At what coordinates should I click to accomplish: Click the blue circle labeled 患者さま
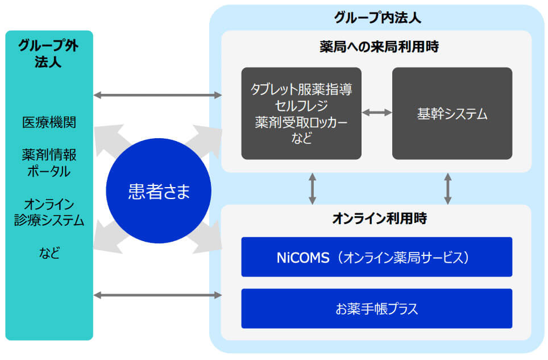159,191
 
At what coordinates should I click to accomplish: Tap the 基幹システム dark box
452,113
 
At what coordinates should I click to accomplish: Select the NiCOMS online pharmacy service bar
377,257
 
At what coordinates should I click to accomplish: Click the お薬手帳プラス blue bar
377,308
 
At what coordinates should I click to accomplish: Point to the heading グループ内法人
377,18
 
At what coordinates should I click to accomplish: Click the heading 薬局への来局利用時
379,47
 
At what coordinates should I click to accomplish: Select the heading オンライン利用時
379,218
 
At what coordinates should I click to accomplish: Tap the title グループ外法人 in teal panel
48,53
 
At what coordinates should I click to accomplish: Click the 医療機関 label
49,122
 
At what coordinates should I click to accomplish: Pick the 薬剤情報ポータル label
49,163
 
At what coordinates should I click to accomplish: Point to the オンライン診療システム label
49,212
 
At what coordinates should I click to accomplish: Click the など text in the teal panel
49,253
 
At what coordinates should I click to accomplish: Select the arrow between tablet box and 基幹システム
377,113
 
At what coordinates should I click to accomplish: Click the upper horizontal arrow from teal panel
157,95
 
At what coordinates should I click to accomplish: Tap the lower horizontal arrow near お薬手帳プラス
157,295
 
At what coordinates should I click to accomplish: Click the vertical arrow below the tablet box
313,189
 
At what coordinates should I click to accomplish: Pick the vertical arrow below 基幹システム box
448,189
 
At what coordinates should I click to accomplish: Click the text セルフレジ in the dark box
301,106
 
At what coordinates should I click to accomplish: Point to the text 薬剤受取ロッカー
301,122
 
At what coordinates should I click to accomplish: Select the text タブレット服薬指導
301,89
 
